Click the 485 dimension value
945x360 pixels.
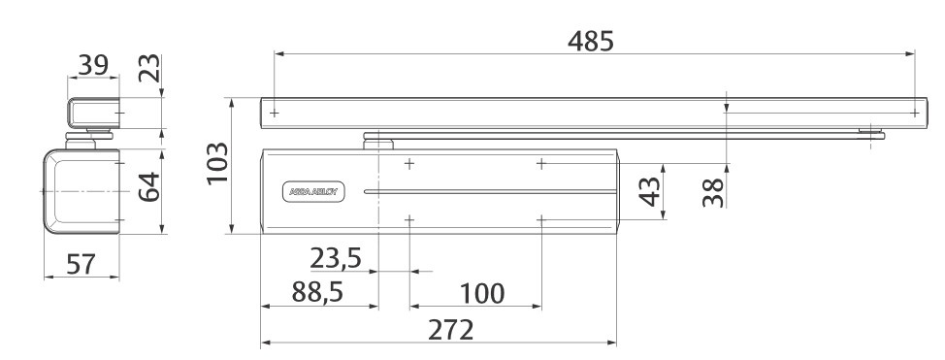pyautogui.click(x=590, y=41)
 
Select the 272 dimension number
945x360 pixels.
pyautogui.click(x=451, y=330)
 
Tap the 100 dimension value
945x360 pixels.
pyautogui.click(x=481, y=294)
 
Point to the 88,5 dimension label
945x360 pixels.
pyautogui.click(x=317, y=292)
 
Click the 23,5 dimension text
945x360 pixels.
pyautogui.click(x=335, y=258)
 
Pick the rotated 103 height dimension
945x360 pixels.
pyautogui.click(x=217, y=164)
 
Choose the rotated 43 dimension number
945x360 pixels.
pyautogui.click(x=649, y=192)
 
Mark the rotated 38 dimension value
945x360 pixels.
pyautogui.click(x=713, y=192)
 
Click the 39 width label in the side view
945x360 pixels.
pyautogui.click(x=93, y=65)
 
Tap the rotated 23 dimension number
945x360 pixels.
pyautogui.click(x=150, y=68)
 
